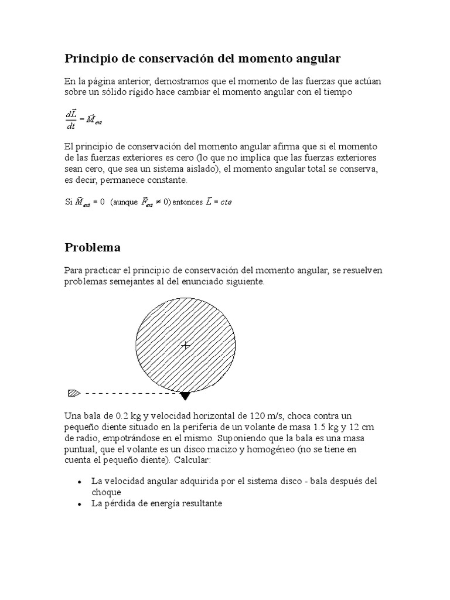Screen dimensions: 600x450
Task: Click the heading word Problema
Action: click(92, 247)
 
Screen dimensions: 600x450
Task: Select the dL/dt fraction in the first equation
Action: click(70, 120)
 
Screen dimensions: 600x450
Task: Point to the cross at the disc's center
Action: click(186, 346)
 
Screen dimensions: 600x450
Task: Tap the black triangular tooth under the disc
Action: click(185, 396)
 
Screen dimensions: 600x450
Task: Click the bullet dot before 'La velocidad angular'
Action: click(79, 482)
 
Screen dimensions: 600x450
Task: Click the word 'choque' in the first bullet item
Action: click(106, 492)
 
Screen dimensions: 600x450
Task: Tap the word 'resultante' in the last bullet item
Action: click(201, 504)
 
